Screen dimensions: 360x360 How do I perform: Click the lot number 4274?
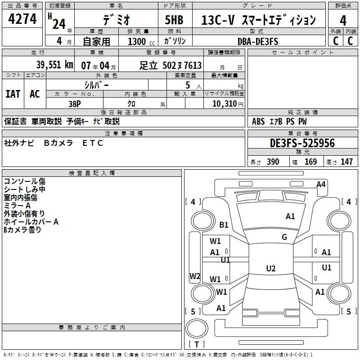[22, 18]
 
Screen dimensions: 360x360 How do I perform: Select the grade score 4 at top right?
[343, 20]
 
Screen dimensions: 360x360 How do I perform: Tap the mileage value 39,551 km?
[54, 65]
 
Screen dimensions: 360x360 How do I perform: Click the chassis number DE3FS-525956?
[302, 143]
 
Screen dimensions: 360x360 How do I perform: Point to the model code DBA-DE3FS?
[258, 41]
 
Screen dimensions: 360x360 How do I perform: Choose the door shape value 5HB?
[174, 20]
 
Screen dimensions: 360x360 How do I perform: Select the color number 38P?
[75, 104]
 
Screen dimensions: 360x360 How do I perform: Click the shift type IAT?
[13, 94]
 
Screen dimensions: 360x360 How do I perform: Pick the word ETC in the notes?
[93, 143]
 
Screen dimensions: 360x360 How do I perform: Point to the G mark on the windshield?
[284, 237]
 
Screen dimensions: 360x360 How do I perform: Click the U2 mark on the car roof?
[271, 268]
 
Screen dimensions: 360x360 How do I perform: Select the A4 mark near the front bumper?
[321, 184]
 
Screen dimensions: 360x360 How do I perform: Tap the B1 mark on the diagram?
[224, 225]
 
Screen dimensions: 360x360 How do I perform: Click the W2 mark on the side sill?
[195, 276]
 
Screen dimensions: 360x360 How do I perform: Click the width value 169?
[310, 162]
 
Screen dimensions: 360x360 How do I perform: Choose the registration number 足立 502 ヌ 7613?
[171, 65]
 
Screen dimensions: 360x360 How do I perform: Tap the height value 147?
[346, 162]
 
